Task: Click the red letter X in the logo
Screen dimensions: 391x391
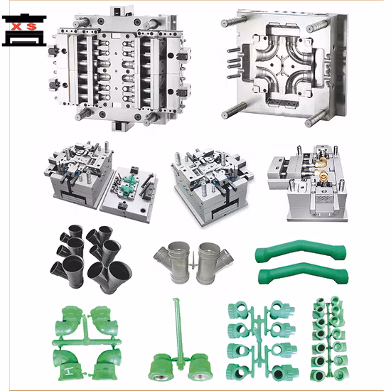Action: tap(17, 26)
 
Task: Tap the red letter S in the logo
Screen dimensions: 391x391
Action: tap(32, 26)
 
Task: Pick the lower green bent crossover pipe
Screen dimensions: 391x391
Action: tap(303, 274)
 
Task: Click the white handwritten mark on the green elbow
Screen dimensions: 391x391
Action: tap(68, 371)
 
